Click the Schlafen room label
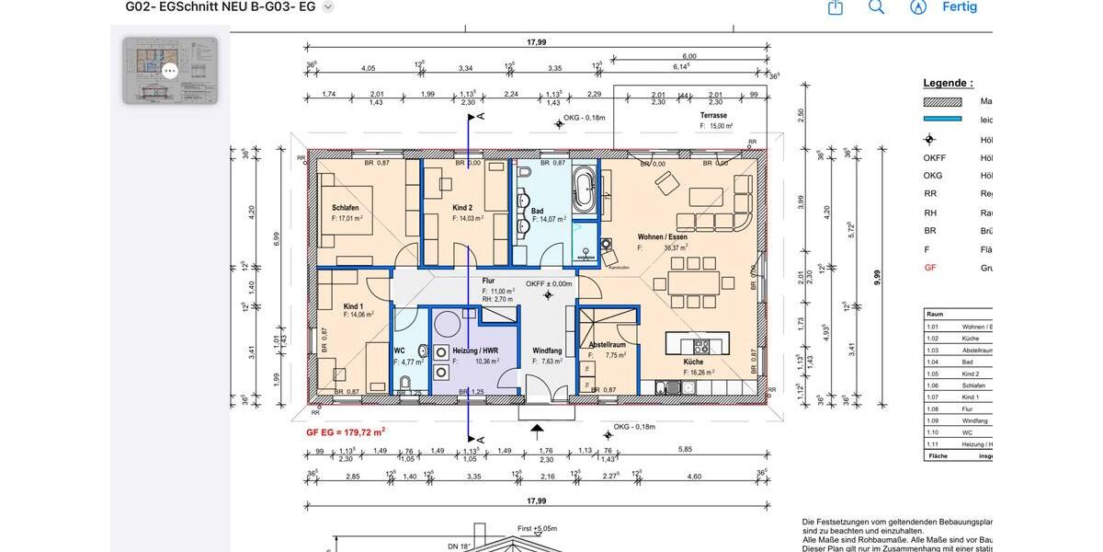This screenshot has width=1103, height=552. point(346,208)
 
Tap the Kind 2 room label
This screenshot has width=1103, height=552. point(462,208)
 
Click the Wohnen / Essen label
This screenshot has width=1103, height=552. point(662,236)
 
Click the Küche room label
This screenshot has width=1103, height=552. point(693,362)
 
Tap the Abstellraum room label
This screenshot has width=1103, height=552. point(607,345)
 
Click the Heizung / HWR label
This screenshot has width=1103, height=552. point(475,351)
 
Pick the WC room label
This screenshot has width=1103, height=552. point(399,351)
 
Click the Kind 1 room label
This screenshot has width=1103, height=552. point(354,305)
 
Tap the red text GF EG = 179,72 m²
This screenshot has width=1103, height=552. point(346,431)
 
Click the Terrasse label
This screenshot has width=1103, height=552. point(713,116)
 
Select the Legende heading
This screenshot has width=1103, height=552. point(948,83)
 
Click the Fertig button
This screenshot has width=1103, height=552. point(959,7)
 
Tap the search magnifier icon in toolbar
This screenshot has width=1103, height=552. point(876,7)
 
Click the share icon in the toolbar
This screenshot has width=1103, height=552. point(836,7)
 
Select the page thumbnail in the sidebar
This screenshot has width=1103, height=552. point(170,70)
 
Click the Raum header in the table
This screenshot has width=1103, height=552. point(935,314)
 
